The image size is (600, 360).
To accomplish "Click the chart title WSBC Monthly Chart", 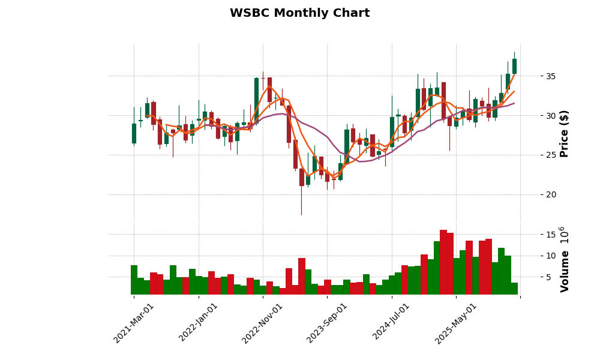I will [299, 13].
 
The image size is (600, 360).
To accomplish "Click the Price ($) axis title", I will [564, 133].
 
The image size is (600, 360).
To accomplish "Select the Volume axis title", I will [564, 259].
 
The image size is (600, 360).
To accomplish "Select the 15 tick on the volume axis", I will [550, 235].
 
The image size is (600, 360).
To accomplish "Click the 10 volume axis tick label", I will [550, 256].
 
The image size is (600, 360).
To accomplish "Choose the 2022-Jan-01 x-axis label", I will [199, 323].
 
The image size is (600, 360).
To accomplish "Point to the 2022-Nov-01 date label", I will [263, 323].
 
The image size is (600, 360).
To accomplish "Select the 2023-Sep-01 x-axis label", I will [328, 323].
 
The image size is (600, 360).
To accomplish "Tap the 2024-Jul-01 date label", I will [392, 323].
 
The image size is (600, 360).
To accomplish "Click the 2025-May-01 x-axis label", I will [457, 323].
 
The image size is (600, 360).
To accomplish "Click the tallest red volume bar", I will [443, 262].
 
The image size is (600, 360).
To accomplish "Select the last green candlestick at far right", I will [514, 66].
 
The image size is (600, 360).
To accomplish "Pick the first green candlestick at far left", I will [134, 133].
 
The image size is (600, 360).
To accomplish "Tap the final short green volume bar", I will [514, 289].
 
